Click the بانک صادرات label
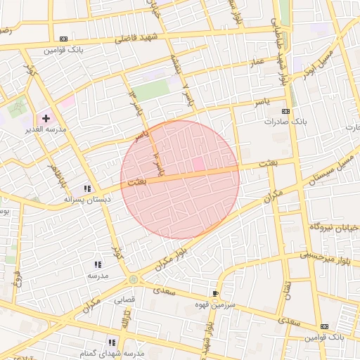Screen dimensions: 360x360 [x=286, y=122]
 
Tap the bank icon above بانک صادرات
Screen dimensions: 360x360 [x=285, y=112]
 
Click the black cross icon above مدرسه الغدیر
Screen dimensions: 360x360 [x=46, y=119]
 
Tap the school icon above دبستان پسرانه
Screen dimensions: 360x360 [x=87, y=188]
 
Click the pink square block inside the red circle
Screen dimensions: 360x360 [x=198, y=164]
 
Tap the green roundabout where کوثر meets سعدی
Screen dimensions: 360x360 [x=134, y=280]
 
